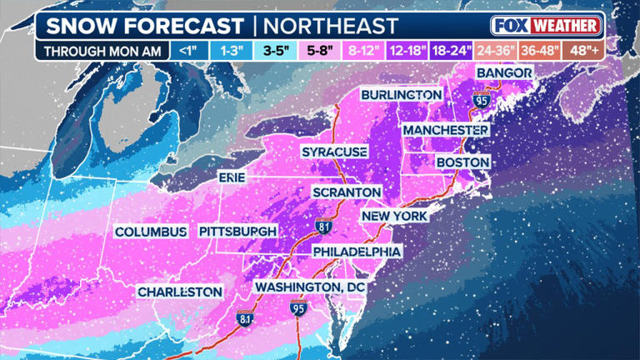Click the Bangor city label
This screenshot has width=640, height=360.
[x=503, y=74]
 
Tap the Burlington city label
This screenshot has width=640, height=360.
[x=402, y=95]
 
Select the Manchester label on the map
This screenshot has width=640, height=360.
[x=445, y=131]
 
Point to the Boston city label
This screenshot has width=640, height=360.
[x=462, y=162]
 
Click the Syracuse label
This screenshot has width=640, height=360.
[x=334, y=152]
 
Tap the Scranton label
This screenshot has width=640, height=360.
[x=346, y=192]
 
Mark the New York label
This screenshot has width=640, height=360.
[x=393, y=216]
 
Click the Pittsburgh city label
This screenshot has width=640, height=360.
[x=237, y=231]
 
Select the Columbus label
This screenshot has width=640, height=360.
[x=151, y=232]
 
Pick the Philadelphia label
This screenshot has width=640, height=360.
[x=357, y=252]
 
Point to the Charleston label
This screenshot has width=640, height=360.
[x=180, y=292]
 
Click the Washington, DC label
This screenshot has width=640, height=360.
[x=310, y=287]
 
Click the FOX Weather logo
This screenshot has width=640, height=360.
[x=546, y=25]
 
